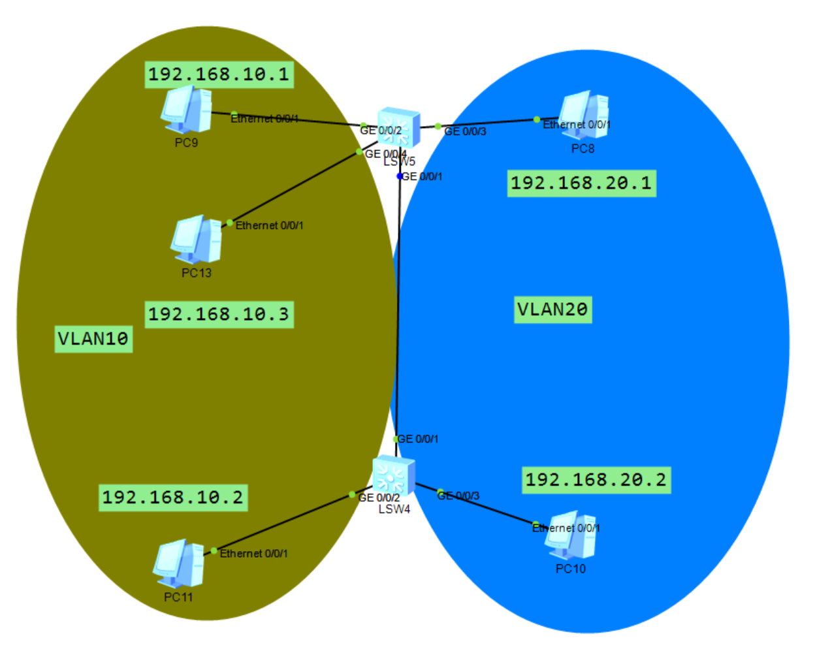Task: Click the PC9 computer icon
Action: coord(187,109)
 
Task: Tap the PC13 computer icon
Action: coord(197,239)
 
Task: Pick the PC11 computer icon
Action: coord(179,563)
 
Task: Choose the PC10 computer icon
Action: coord(572,535)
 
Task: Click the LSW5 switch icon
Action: coord(398,127)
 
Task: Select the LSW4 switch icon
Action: coord(394,476)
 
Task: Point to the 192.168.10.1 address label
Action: coord(219,74)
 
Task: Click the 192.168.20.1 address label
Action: coord(581,183)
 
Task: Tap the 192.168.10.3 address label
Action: coord(219,314)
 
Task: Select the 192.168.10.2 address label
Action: coord(173,498)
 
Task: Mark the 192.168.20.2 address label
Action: coord(596,480)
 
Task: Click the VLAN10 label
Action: coord(93,339)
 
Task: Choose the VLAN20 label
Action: coord(552,310)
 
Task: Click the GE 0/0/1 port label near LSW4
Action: coord(418,439)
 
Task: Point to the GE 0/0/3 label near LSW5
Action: coord(465,132)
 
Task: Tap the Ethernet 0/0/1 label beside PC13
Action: coord(269,226)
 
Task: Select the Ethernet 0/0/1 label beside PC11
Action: coord(253,554)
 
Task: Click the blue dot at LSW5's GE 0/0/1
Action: coord(400,176)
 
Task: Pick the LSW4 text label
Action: coord(394,509)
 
